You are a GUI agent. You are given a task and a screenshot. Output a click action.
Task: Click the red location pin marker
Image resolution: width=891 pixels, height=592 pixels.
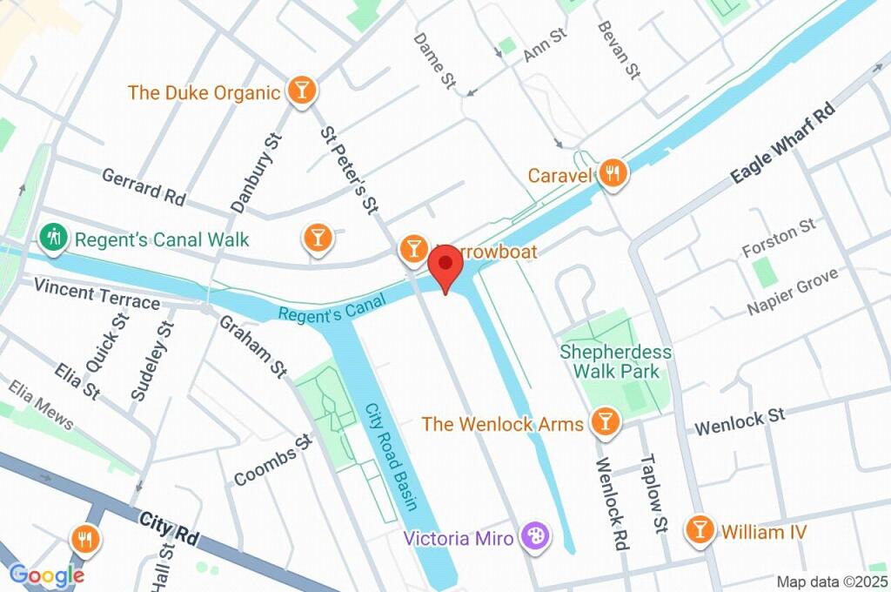pyautogui.click(x=445, y=265)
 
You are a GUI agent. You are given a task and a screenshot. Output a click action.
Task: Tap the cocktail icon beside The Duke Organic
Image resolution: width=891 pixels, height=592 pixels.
pyautogui.click(x=301, y=91)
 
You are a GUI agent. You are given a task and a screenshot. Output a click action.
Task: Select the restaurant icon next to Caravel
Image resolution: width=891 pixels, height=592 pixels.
pyautogui.click(x=613, y=174)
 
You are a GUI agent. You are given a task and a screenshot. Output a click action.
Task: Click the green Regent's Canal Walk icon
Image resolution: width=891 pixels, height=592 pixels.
pyautogui.click(x=54, y=238)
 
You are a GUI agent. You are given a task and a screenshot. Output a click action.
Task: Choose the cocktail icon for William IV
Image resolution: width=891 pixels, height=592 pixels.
pyautogui.click(x=698, y=529)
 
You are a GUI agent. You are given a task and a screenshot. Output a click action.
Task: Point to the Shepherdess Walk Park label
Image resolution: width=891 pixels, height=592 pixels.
pyautogui.click(x=616, y=361)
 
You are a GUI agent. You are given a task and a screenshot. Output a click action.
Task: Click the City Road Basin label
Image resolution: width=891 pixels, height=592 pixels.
pyautogui.click(x=391, y=456)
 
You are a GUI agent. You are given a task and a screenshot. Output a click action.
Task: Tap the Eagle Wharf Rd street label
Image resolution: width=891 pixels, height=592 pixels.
pyautogui.click(x=782, y=143)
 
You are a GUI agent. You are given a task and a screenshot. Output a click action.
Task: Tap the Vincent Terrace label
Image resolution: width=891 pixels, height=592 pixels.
pyautogui.click(x=96, y=295)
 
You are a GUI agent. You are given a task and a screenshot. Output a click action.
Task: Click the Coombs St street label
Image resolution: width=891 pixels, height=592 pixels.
pyautogui.click(x=272, y=461)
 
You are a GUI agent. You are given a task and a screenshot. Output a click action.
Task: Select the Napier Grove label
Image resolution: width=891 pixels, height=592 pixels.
pyautogui.click(x=793, y=292)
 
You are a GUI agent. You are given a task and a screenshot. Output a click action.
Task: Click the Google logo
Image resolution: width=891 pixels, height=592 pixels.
pyautogui.click(x=47, y=575)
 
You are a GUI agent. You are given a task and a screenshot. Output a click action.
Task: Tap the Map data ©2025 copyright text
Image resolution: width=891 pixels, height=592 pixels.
pyautogui.click(x=832, y=582)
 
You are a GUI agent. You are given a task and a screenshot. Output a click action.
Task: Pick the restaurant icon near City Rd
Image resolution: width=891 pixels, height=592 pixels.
pyautogui.click(x=84, y=540)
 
